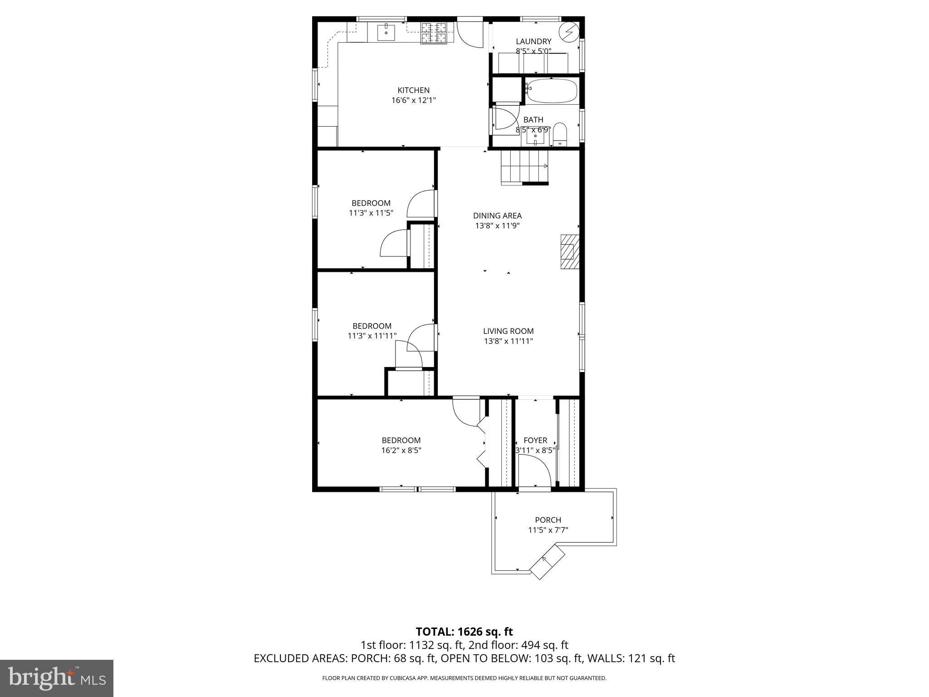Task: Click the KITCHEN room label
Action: [x=413, y=90]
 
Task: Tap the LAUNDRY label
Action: [x=533, y=41]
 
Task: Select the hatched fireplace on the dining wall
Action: [x=570, y=252]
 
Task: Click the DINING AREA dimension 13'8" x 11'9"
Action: [x=497, y=226]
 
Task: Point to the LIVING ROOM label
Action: [x=508, y=331]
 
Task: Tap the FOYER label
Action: [x=535, y=440]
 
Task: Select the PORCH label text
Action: [x=548, y=520]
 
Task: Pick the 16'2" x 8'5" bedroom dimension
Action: [x=401, y=450]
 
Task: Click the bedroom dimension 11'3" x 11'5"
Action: [x=371, y=213]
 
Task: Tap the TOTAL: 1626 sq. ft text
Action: [x=464, y=632]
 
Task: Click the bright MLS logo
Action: [x=57, y=678]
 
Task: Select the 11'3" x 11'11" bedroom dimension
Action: [x=372, y=336]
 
